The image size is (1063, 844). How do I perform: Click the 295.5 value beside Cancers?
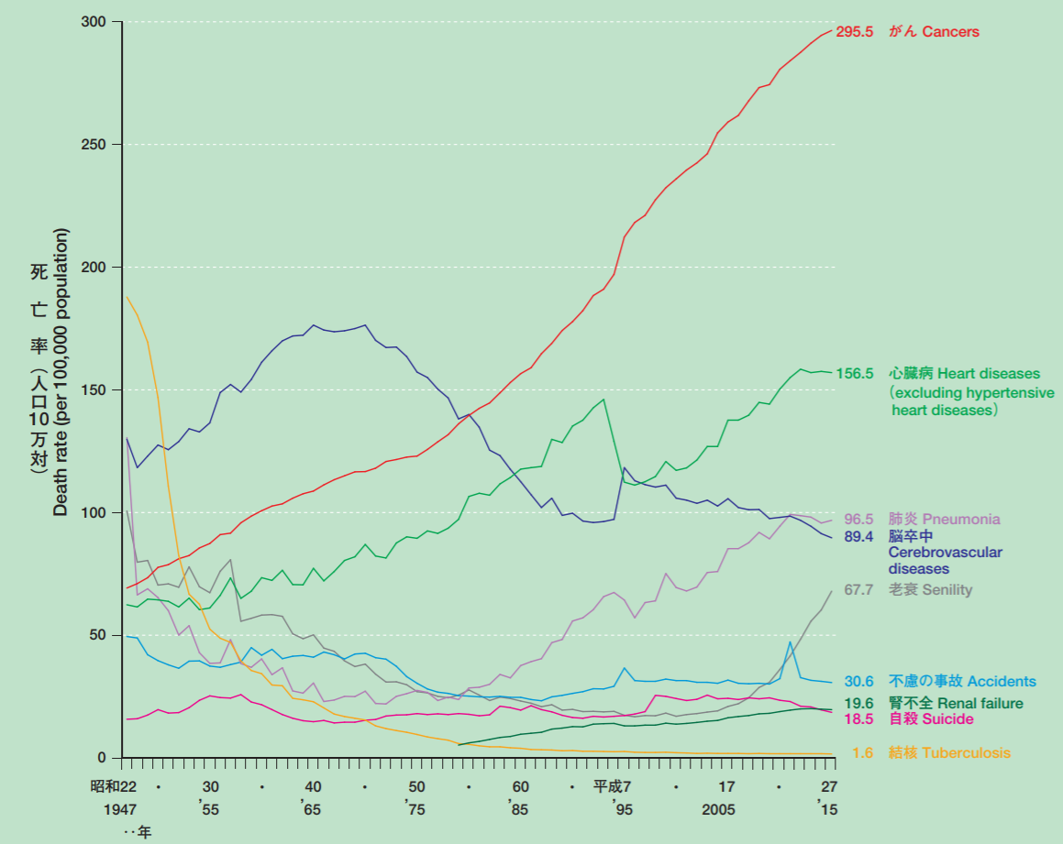click(x=854, y=32)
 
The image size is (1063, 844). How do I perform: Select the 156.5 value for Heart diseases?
click(x=854, y=374)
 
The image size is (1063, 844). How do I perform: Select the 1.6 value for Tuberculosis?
click(x=862, y=753)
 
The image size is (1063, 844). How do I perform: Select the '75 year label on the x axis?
click(x=415, y=810)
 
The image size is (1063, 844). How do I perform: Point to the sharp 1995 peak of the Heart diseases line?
click(x=603, y=400)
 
